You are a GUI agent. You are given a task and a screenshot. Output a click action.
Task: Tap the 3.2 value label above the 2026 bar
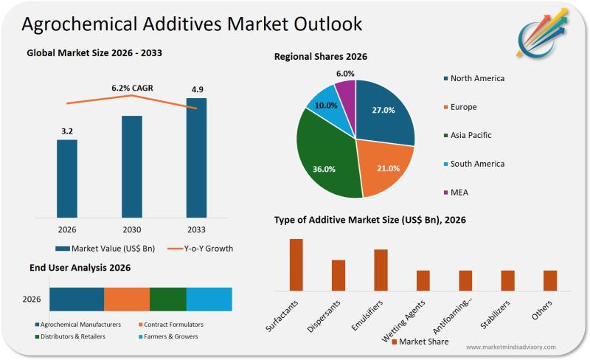pyautogui.click(x=67, y=131)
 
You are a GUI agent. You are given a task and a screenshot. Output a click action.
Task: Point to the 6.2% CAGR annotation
pyautogui.click(x=132, y=88)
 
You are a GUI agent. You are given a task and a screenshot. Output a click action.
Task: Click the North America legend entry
pyautogui.click(x=476, y=78)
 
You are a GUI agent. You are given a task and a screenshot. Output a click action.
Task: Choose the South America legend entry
pyautogui.click(x=476, y=164)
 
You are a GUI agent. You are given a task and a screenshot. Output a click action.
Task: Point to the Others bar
pyautogui.click(x=550, y=280)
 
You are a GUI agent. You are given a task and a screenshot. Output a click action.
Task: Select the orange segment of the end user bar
pyautogui.click(x=127, y=300)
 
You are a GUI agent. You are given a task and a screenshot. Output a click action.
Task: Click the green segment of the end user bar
pyautogui.click(x=168, y=300)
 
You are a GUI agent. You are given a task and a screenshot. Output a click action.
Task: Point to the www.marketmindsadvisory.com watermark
pyautogui.click(x=510, y=347)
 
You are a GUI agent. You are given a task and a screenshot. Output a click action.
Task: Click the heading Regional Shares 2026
pyautogui.click(x=321, y=56)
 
